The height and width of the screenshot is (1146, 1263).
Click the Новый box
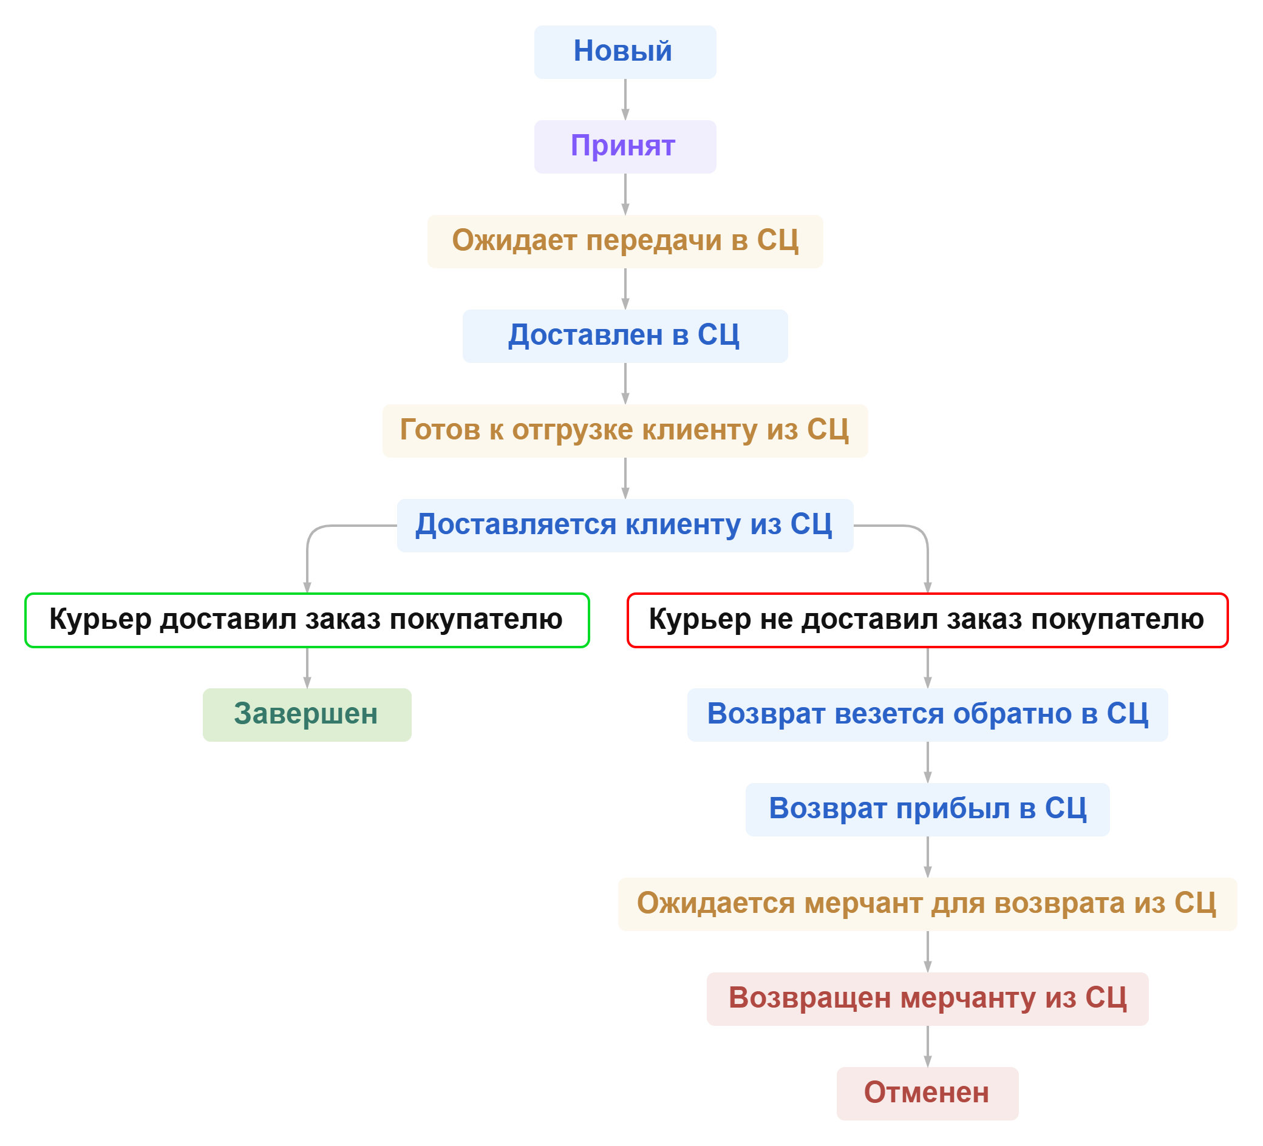click(x=625, y=52)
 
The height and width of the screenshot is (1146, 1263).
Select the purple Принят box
click(x=625, y=146)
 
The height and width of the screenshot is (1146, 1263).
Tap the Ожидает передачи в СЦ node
click(x=625, y=241)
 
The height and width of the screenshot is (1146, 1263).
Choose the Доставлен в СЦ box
click(x=625, y=336)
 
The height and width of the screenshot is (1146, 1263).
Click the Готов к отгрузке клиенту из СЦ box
click(x=625, y=430)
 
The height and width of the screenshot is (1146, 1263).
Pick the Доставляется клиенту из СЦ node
click(x=625, y=525)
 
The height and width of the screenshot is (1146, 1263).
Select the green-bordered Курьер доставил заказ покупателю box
click(x=307, y=620)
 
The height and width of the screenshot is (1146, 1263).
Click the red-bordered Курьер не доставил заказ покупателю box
click(x=927, y=620)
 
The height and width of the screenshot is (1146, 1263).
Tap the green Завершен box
click(x=307, y=714)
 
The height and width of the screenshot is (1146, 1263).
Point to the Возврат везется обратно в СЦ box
click(x=927, y=714)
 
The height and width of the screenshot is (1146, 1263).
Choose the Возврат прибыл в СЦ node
click(x=927, y=809)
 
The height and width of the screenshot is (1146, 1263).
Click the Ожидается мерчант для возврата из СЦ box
click(x=927, y=904)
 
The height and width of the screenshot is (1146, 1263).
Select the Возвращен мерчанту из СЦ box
click(x=927, y=999)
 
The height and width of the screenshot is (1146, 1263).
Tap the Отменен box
click(x=927, y=1093)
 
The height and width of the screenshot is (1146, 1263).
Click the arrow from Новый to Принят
click(x=625, y=100)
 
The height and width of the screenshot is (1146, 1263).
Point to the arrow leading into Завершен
click(x=307, y=668)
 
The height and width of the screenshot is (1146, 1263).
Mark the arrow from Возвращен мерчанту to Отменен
click(x=928, y=1046)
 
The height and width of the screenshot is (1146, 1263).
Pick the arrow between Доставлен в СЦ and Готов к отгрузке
click(x=625, y=383)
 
